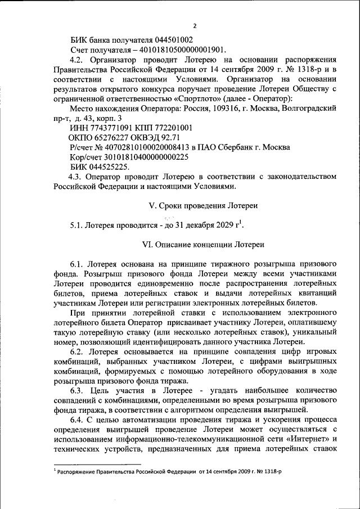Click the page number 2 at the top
[x=195, y=26]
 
